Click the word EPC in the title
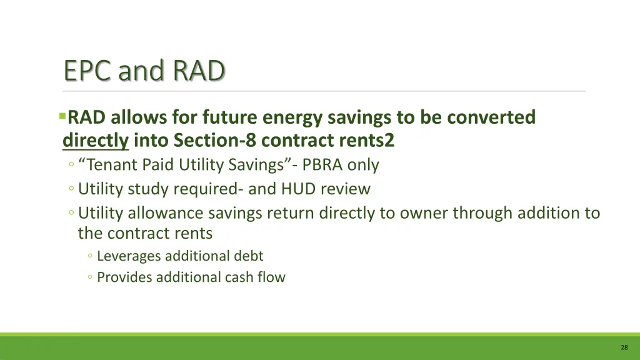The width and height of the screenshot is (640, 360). click(87, 71)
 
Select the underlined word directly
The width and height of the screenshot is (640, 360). click(96, 141)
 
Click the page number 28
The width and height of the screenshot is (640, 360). click(624, 347)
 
